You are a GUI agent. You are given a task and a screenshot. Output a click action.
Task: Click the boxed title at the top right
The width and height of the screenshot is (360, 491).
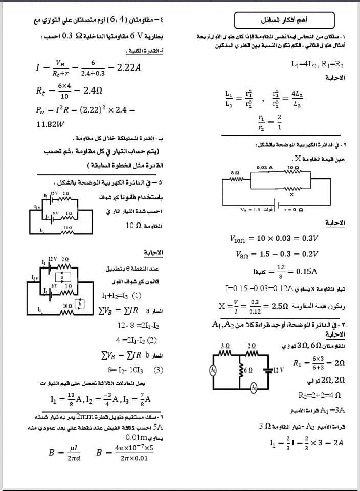[285, 20]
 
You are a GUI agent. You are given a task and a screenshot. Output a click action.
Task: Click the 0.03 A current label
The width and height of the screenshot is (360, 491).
[264, 167]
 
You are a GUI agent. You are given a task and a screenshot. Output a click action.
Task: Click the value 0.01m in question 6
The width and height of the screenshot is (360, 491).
[137, 438]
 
